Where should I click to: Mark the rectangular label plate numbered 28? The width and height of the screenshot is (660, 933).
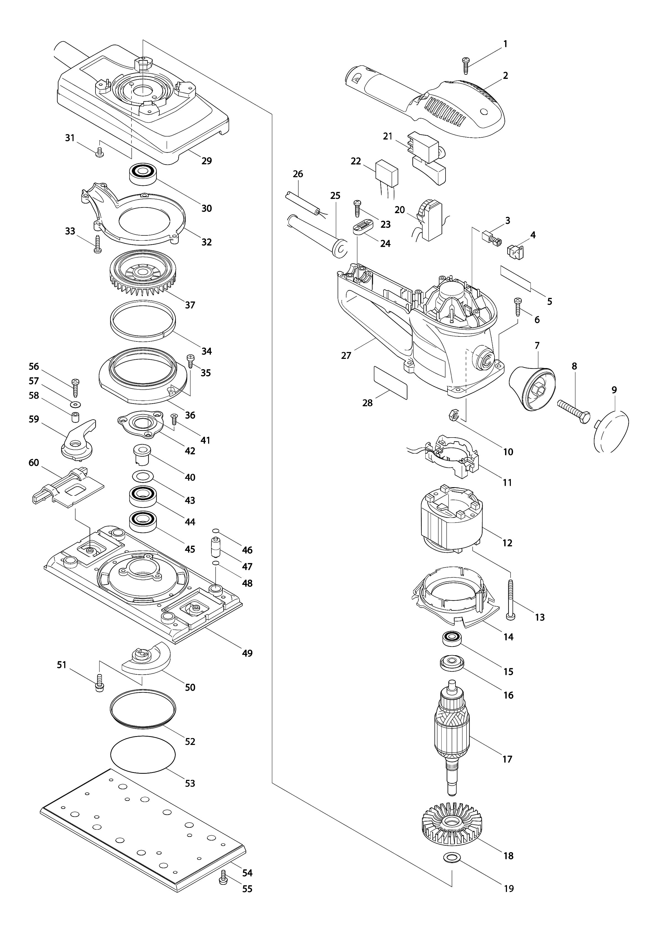pyautogui.click(x=390, y=382)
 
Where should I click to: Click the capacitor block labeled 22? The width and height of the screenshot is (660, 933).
pyautogui.click(x=387, y=173)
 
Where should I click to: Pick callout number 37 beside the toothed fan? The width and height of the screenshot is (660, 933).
pyautogui.click(x=190, y=305)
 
